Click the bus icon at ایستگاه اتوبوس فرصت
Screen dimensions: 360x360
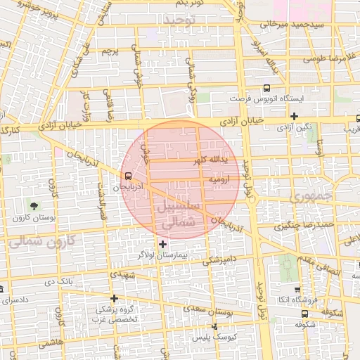266,89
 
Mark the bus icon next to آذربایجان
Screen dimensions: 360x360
127,176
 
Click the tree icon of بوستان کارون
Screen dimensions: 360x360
33,206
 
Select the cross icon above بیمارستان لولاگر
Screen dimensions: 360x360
163,244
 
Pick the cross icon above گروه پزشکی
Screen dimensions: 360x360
114,298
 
